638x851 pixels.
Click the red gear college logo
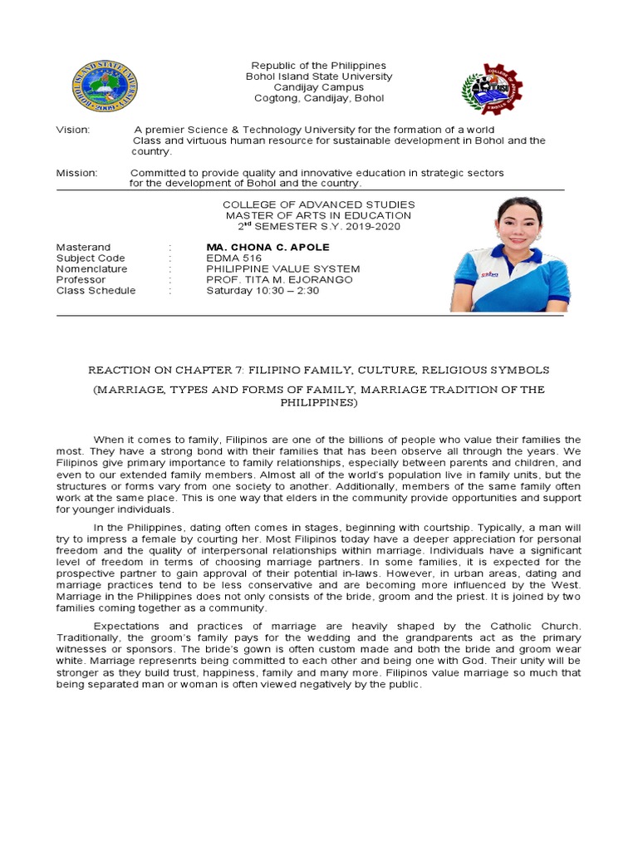tap(493, 88)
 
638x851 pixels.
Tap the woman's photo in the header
tap(510, 256)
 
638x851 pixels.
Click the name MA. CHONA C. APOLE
tap(267, 248)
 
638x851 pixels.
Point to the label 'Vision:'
tap(73, 130)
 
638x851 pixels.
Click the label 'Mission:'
tap(76, 173)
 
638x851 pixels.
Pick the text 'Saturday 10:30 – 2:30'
tap(263, 291)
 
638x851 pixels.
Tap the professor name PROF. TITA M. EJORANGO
tap(279, 280)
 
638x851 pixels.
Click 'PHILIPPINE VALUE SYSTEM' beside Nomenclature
tap(283, 269)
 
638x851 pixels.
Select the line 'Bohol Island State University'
tap(318, 76)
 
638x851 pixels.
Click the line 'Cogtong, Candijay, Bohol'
tap(319, 98)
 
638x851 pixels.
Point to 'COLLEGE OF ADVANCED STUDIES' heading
tap(319, 204)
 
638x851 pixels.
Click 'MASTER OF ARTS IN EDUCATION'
tap(319, 215)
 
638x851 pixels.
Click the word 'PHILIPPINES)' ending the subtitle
tap(319, 402)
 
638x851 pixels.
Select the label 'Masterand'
tap(83, 248)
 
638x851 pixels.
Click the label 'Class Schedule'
tap(96, 291)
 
